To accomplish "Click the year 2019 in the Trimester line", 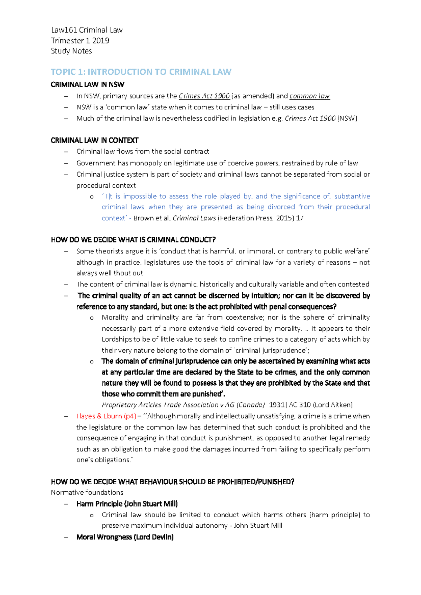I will tap(101, 41).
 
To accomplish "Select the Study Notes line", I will tap(71, 51).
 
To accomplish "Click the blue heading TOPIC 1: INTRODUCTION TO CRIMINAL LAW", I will tap(141, 72).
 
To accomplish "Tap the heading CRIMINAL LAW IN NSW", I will tap(87, 84).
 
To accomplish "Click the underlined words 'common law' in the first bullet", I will tap(309, 96).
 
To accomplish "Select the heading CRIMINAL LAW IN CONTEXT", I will tap(94, 141).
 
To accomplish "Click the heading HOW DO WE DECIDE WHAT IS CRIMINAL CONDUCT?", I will tap(133, 240).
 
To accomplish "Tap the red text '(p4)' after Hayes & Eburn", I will tap(130, 416).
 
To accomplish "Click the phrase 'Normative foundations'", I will tap(87, 493).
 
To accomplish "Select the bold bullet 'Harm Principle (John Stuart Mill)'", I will tap(127, 504).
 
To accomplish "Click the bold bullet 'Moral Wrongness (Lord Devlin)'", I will tap(125, 537).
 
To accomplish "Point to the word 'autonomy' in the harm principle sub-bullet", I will tap(215, 526).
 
